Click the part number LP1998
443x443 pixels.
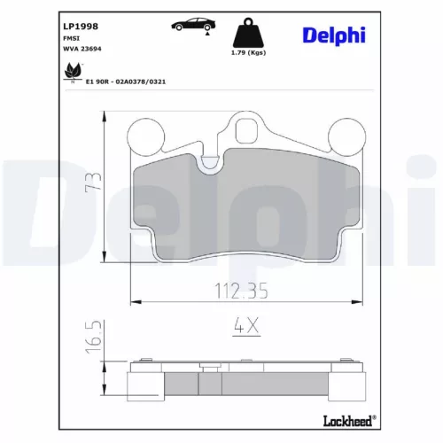[81, 27]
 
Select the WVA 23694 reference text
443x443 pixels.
[82, 49]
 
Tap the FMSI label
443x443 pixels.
[71, 38]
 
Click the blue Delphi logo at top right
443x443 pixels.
[334, 35]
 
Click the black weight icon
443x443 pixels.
[248, 33]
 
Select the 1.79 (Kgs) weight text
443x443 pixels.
[248, 52]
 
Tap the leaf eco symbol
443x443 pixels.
[73, 72]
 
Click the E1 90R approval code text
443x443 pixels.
[126, 82]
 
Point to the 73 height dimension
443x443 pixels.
[93, 183]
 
